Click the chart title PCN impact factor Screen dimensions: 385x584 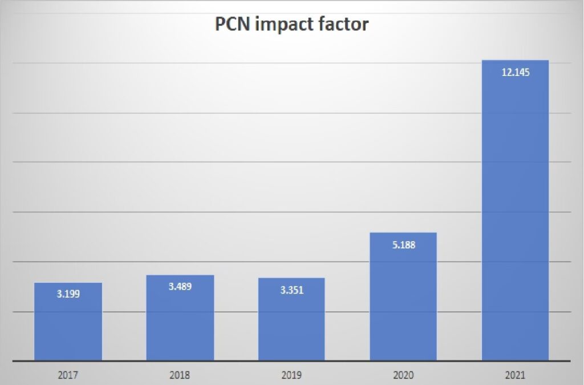292,25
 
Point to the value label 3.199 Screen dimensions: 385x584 68,295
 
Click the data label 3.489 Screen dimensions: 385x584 180,286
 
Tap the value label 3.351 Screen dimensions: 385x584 291,290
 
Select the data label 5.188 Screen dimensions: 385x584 403,245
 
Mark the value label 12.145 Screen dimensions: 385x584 515,73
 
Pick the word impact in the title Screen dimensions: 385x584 285,26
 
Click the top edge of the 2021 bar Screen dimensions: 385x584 515,61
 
